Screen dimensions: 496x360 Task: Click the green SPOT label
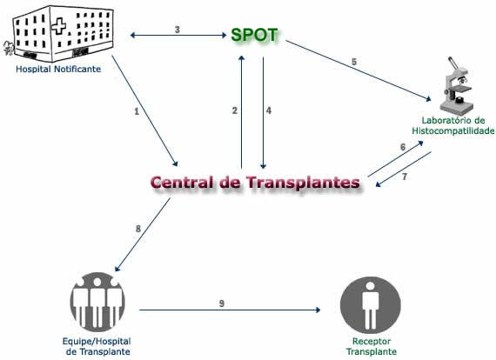[254, 35]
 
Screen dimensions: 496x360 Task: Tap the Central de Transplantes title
[255, 183]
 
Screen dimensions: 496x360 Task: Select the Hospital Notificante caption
[58, 70]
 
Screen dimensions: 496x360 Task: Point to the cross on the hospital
[59, 26]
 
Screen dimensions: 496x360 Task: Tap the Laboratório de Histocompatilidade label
[453, 125]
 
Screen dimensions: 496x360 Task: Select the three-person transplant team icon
[97, 302]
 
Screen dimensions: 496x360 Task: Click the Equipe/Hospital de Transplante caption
[97, 346]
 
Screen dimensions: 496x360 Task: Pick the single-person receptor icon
[371, 305]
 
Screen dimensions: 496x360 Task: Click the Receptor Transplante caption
[372, 346]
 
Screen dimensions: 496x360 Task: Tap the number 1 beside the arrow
[137, 111]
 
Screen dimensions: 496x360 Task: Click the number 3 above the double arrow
[178, 30]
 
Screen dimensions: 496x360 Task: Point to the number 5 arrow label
[354, 62]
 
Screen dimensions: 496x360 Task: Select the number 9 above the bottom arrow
[222, 303]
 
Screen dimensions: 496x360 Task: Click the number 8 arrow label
[138, 229]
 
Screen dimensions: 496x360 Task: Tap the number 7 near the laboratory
[405, 177]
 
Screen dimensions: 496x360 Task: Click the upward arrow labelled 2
[242, 112]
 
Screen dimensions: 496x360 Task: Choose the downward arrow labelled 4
[263, 113]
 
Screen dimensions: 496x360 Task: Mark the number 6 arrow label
[403, 147]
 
